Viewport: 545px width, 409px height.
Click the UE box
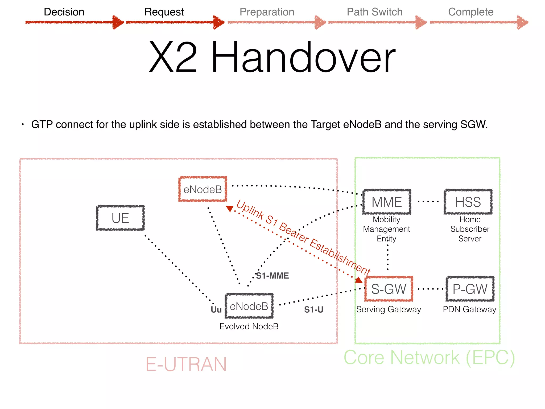(x=120, y=218)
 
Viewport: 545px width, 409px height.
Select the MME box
(x=387, y=202)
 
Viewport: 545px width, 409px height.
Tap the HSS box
(x=468, y=202)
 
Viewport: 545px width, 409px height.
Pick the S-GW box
(x=389, y=289)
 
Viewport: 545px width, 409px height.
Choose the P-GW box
(x=470, y=289)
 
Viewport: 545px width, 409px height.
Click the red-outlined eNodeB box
(x=203, y=189)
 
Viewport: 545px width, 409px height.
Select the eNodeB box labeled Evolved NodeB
(x=249, y=306)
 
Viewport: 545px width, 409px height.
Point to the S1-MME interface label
(x=272, y=276)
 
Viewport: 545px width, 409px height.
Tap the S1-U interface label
(x=314, y=309)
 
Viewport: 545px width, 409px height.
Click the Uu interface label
(x=216, y=310)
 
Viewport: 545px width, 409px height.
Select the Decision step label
(x=64, y=12)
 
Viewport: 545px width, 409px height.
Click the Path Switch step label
(x=375, y=12)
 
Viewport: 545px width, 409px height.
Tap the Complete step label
(x=471, y=12)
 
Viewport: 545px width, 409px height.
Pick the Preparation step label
(x=267, y=12)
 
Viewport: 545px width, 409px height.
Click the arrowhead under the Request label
(x=219, y=22)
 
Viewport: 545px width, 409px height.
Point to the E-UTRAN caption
(x=186, y=364)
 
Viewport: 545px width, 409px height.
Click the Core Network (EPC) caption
(x=429, y=357)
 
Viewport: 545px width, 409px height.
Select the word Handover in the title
(x=303, y=57)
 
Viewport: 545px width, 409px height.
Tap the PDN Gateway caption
(x=469, y=309)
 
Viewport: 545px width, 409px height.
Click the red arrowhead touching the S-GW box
(x=359, y=280)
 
